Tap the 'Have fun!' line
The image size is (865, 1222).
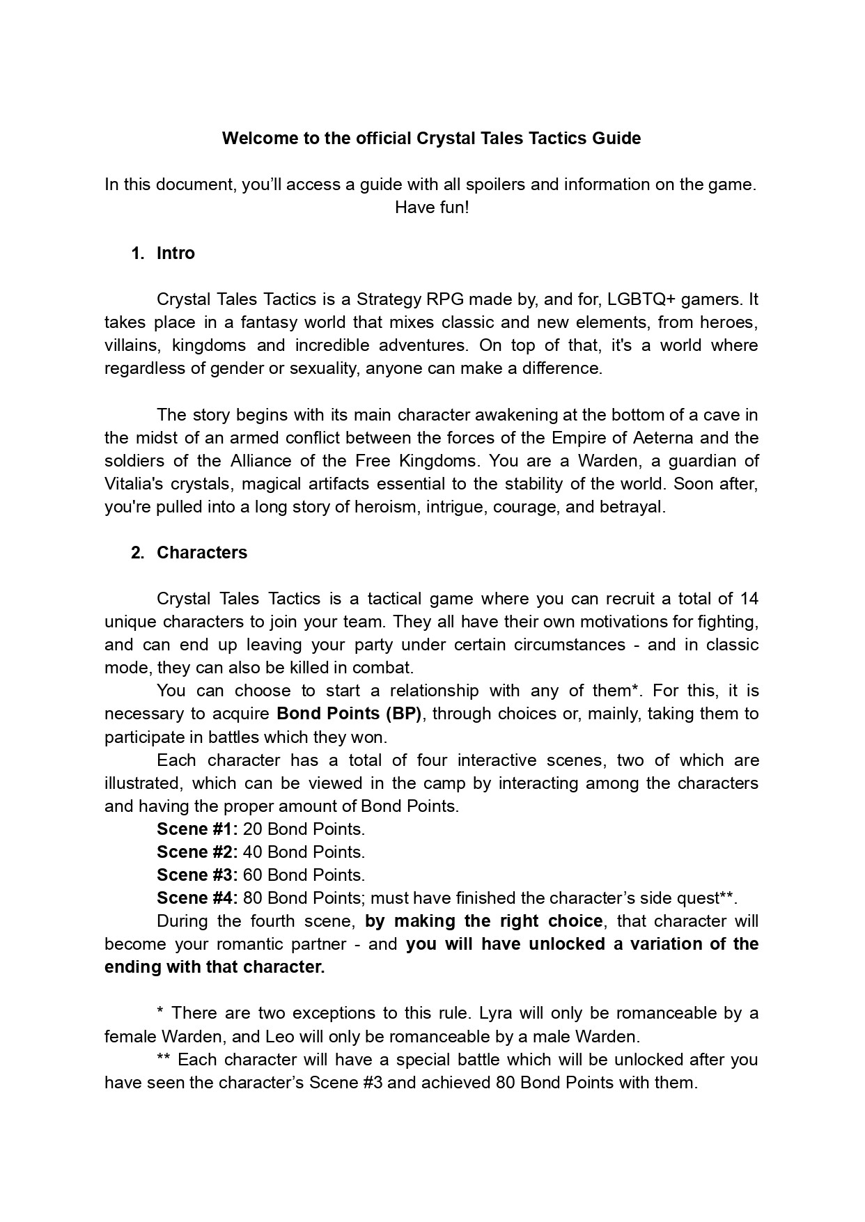432,207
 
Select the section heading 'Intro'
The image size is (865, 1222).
176,253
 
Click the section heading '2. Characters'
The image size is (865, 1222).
189,553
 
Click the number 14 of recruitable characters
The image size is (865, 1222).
749,599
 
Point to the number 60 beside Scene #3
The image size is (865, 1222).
252,875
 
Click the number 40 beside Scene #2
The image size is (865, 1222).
252,852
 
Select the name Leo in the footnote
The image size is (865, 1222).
279,1036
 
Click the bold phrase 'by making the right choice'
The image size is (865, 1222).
483,921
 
